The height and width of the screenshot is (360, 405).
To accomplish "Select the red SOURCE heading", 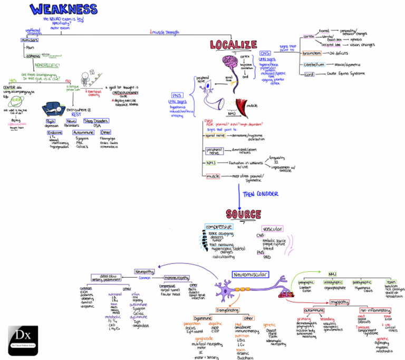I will pyautogui.click(x=243, y=214).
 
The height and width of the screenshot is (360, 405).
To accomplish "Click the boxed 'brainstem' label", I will pyautogui.click(x=312, y=53).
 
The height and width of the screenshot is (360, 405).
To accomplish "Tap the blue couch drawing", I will pyautogui.click(x=53, y=109).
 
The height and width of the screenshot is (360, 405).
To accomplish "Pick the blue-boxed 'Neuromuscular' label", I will pyautogui.click(x=250, y=274).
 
